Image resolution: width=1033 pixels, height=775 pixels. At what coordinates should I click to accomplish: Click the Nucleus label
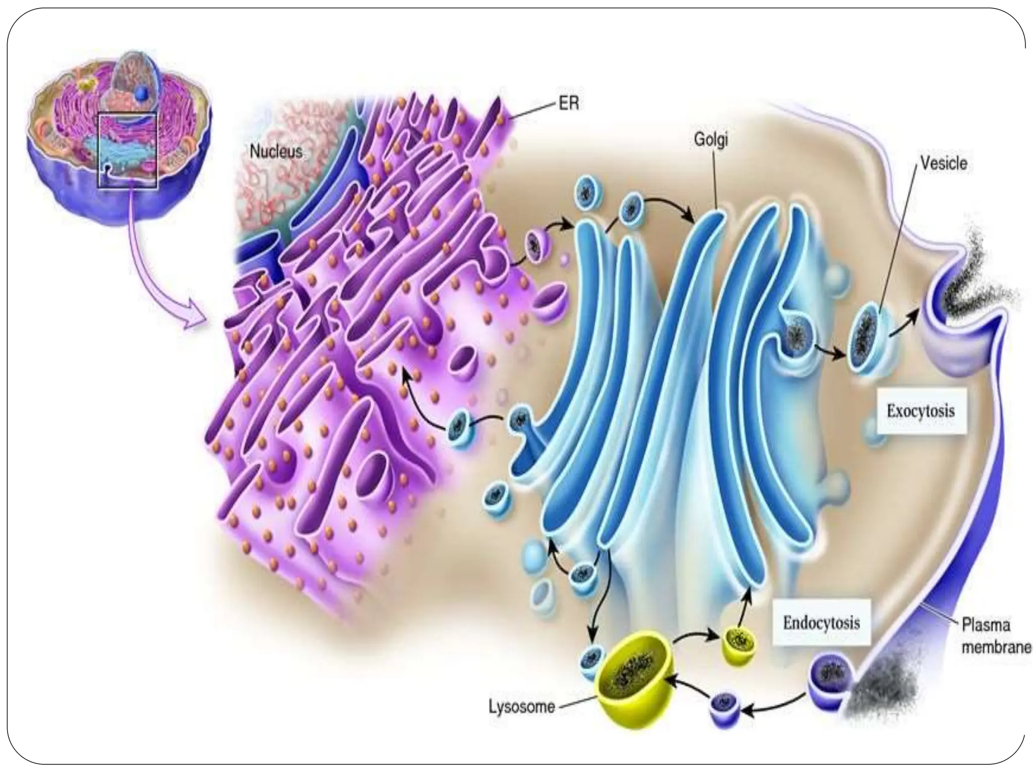[x=276, y=152]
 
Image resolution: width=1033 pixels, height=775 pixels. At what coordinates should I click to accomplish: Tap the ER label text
[x=568, y=104]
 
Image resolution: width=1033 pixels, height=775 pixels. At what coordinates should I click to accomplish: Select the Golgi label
[x=711, y=140]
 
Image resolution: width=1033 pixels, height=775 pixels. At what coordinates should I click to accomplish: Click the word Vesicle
[x=944, y=163]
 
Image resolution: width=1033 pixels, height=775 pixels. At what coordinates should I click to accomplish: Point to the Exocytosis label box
[x=921, y=411]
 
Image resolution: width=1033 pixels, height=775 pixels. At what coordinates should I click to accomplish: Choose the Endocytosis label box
[x=821, y=623]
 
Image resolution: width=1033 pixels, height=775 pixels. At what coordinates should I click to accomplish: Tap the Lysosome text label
[x=522, y=706]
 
